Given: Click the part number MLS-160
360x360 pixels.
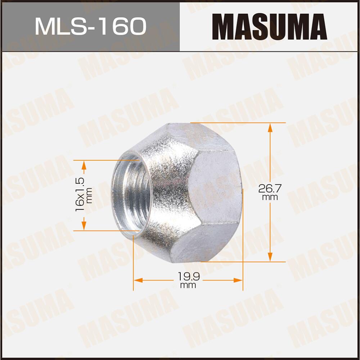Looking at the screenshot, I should click(x=90, y=26).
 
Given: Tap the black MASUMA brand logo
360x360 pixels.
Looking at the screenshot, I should click(x=269, y=27).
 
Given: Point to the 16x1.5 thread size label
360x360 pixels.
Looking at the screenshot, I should click(x=80, y=194).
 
